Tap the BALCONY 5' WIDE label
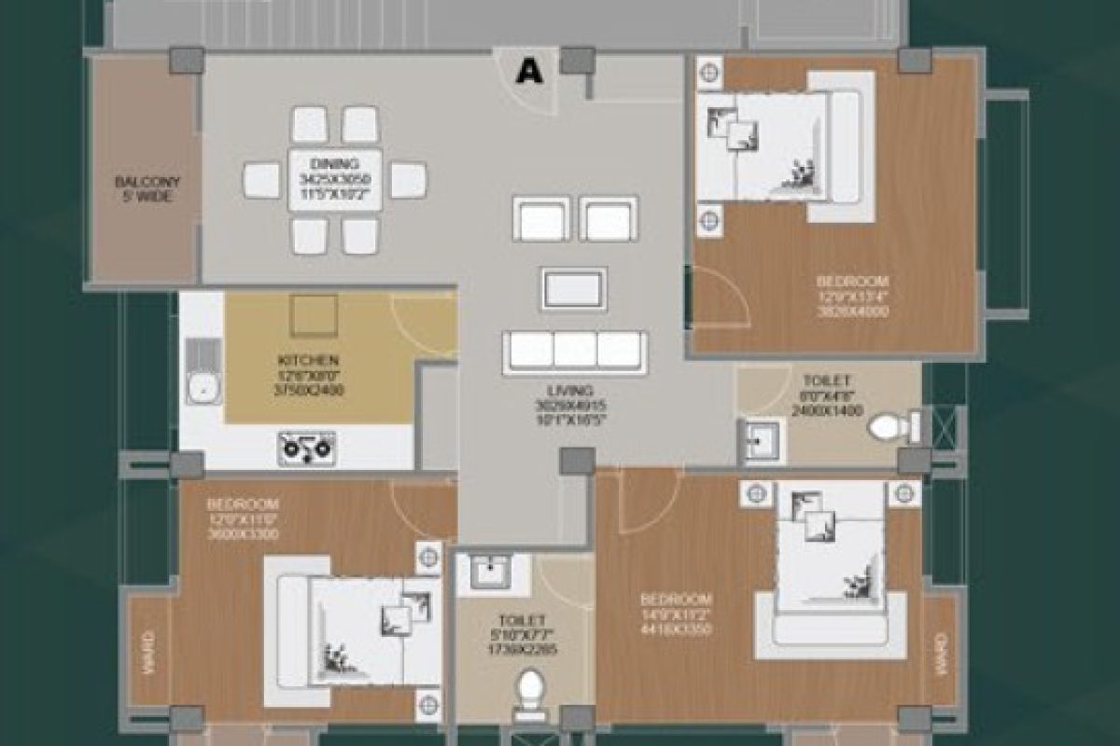pos(146,189)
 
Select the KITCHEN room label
pos(307,374)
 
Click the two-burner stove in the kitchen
pos(306,448)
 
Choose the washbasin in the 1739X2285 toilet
pos(488,571)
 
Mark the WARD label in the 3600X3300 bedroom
pos(147,651)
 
